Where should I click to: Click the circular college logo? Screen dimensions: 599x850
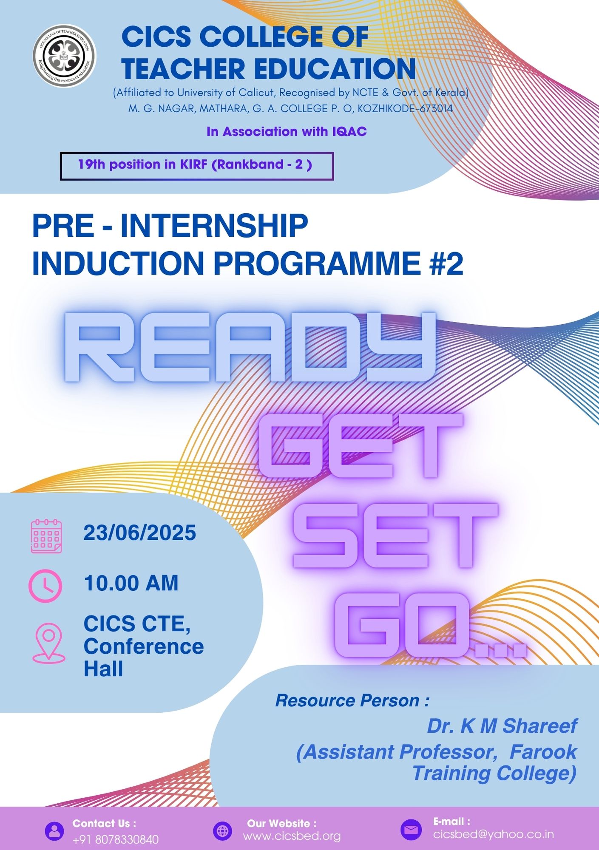[x=64, y=56]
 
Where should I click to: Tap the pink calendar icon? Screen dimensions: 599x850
[x=46, y=536]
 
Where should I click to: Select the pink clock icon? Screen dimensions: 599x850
[x=45, y=586]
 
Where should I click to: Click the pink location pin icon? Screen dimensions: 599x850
[x=49, y=643]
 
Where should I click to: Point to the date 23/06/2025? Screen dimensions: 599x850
[x=140, y=533]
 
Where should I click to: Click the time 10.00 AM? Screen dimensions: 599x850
[x=131, y=583]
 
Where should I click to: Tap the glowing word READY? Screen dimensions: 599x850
[x=250, y=347]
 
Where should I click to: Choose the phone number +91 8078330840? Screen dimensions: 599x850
[x=116, y=839]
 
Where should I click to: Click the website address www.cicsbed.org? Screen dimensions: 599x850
[x=292, y=836]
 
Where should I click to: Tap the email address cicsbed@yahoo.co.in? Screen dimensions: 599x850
[x=494, y=834]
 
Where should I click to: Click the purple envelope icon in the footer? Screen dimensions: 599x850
[x=411, y=830]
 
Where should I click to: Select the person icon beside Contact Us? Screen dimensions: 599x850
[x=54, y=831]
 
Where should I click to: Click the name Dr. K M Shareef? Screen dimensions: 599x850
[x=502, y=726]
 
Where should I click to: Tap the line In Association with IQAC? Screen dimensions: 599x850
[x=287, y=132]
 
